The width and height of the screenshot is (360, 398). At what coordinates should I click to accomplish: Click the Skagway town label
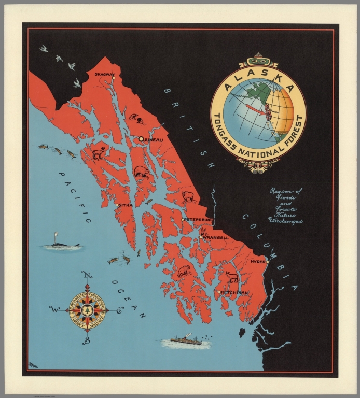pos(104,75)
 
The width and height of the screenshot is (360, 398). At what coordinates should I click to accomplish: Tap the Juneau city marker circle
pos(141,139)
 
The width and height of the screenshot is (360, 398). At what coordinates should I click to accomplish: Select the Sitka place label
pos(126,205)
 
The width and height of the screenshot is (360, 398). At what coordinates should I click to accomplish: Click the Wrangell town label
pos(216,237)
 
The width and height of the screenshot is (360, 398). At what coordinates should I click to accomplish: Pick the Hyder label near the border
pos(258,262)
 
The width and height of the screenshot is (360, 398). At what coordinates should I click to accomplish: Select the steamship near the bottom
pos(185,340)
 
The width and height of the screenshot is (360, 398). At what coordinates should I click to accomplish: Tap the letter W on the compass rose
pos(52,309)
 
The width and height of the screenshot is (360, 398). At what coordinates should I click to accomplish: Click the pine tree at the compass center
pos(87,309)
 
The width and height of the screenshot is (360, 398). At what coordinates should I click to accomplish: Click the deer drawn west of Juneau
pos(99,153)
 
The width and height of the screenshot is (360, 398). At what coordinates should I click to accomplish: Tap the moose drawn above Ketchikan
pos(231,277)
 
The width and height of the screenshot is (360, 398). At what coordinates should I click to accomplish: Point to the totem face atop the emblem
pos(258,58)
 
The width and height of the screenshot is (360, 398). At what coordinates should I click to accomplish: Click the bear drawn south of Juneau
pos(140,172)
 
